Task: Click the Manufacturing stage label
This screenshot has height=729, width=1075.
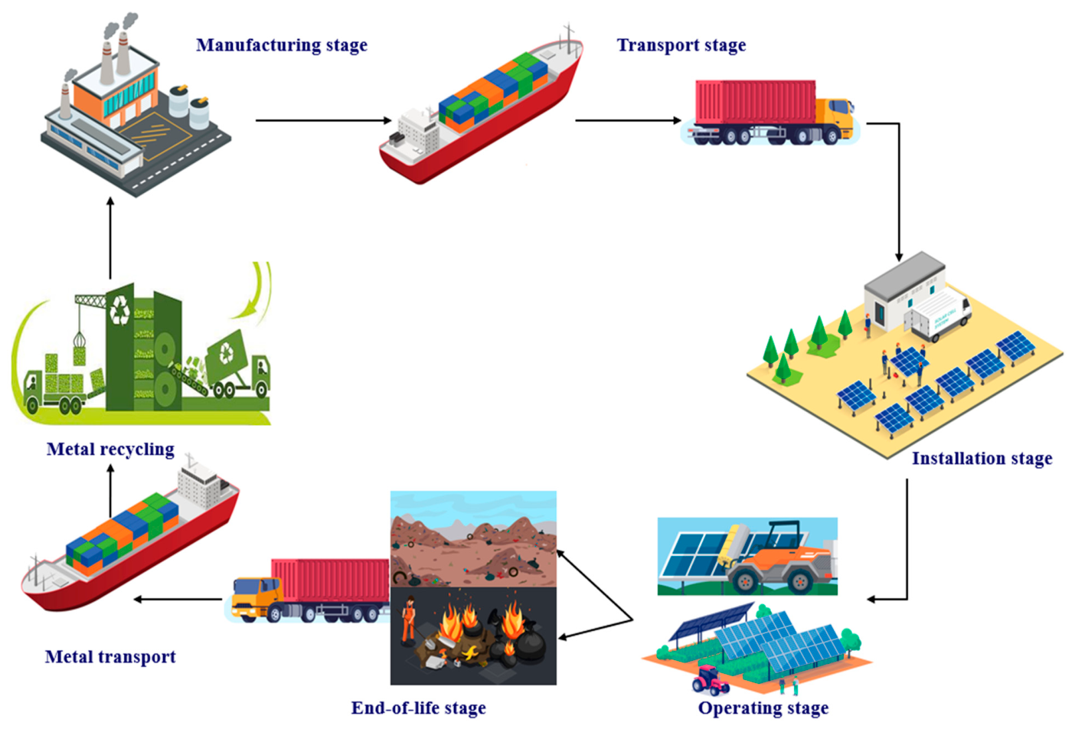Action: (282, 45)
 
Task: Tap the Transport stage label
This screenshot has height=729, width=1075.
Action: (681, 45)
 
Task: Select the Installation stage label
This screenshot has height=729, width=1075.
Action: (982, 459)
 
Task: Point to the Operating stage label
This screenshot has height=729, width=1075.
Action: (763, 708)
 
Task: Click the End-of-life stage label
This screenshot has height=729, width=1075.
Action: (419, 708)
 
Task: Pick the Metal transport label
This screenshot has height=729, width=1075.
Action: (110, 656)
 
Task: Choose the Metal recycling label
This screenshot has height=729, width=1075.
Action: (110, 449)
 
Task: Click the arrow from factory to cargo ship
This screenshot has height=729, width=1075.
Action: (324, 120)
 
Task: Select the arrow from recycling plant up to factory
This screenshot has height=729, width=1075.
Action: (110, 238)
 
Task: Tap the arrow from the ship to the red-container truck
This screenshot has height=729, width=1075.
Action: (628, 120)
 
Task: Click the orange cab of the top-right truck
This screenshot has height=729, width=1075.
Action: (835, 118)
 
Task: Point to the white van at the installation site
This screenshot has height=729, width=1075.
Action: (938, 315)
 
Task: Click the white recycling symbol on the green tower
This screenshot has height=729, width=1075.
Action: (119, 310)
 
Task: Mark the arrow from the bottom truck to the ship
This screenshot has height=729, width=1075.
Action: (178, 599)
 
